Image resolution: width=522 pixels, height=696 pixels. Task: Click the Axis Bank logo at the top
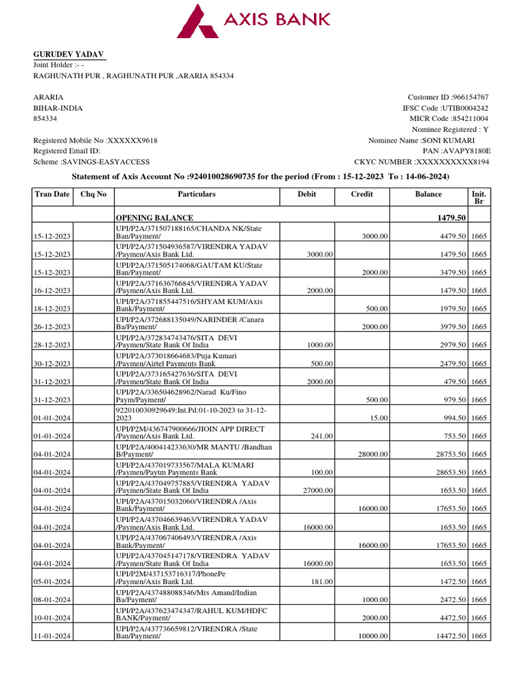254,20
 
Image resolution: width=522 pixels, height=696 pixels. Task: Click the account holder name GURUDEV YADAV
69,54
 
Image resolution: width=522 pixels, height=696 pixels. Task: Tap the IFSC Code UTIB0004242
466,108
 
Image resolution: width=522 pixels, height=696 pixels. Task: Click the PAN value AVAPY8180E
466,151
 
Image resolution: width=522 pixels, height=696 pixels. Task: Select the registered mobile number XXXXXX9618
133,140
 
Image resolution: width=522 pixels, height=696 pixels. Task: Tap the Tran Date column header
52,194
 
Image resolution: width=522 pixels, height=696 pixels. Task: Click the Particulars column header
196,194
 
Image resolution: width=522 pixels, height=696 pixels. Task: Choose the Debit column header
307,194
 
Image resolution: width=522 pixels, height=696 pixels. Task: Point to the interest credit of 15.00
380,418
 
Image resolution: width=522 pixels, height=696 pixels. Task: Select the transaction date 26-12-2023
52,327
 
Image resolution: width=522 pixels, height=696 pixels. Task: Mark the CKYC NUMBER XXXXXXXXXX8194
451,162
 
